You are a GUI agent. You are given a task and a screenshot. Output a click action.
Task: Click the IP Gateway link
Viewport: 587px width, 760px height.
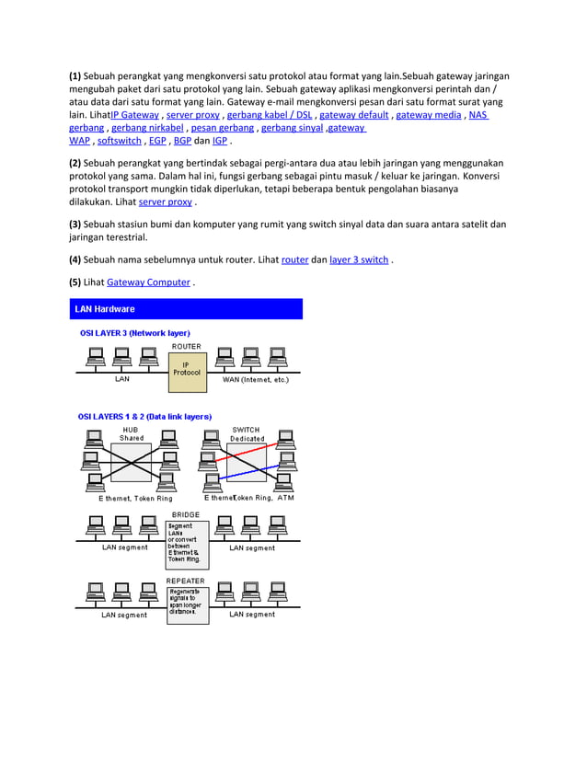pyautogui.click(x=134, y=115)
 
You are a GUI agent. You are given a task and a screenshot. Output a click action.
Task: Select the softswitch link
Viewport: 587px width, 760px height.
pyautogui.click(x=119, y=141)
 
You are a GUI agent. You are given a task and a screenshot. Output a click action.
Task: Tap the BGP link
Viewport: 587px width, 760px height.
pyautogui.click(x=182, y=141)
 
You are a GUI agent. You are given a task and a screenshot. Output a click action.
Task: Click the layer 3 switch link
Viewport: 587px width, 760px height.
pyautogui.click(x=359, y=259)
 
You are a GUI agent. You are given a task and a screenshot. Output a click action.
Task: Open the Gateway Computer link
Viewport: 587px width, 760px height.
pyautogui.click(x=148, y=282)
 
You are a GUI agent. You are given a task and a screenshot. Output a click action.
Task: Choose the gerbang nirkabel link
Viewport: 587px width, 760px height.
pyautogui.click(x=147, y=128)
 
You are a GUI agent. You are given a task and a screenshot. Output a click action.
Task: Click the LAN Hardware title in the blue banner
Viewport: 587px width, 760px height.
pyautogui.click(x=105, y=309)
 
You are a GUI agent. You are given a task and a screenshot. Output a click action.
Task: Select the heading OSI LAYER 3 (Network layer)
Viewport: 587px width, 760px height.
pyautogui.click(x=134, y=332)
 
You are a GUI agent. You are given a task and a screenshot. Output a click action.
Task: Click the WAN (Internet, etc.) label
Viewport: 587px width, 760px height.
pyautogui.click(x=256, y=379)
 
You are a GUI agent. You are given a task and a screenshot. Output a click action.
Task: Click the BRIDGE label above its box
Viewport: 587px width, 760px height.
pyautogui.click(x=186, y=514)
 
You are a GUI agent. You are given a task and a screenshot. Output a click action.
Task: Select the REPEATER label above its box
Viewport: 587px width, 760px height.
pyautogui.click(x=186, y=581)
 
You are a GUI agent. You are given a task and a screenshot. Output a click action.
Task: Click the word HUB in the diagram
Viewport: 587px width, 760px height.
pyautogui.click(x=131, y=430)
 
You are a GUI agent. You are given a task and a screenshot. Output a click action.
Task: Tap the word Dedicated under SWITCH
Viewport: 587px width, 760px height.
pyautogui.click(x=247, y=439)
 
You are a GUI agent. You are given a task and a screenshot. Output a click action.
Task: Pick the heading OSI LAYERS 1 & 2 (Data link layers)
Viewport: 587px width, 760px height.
pyautogui.click(x=144, y=416)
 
